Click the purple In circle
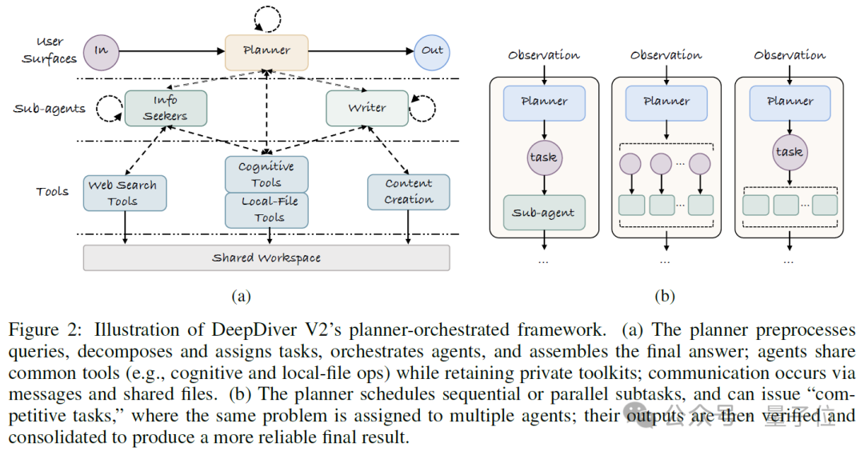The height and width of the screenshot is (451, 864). (x=102, y=52)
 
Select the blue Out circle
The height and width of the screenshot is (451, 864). (x=432, y=52)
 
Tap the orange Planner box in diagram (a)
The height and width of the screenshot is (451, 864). (x=266, y=52)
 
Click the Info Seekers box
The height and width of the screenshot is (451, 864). (x=166, y=109)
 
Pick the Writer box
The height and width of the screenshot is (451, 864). (x=367, y=109)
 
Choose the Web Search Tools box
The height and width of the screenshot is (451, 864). (x=125, y=194)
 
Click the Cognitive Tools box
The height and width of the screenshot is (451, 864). (x=266, y=174)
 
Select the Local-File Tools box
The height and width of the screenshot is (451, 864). (x=266, y=210)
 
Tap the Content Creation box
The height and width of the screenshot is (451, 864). (x=409, y=192)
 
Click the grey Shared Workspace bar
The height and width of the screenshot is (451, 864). (x=266, y=257)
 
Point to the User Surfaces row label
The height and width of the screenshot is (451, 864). (x=49, y=50)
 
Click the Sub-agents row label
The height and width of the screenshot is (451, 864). (x=49, y=109)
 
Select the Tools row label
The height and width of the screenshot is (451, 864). (x=52, y=192)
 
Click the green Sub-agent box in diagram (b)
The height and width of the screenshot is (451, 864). (x=544, y=213)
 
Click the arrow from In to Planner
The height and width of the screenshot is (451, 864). (x=172, y=52)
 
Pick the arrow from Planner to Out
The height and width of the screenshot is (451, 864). (x=361, y=52)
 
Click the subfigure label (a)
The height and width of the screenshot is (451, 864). (x=242, y=296)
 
